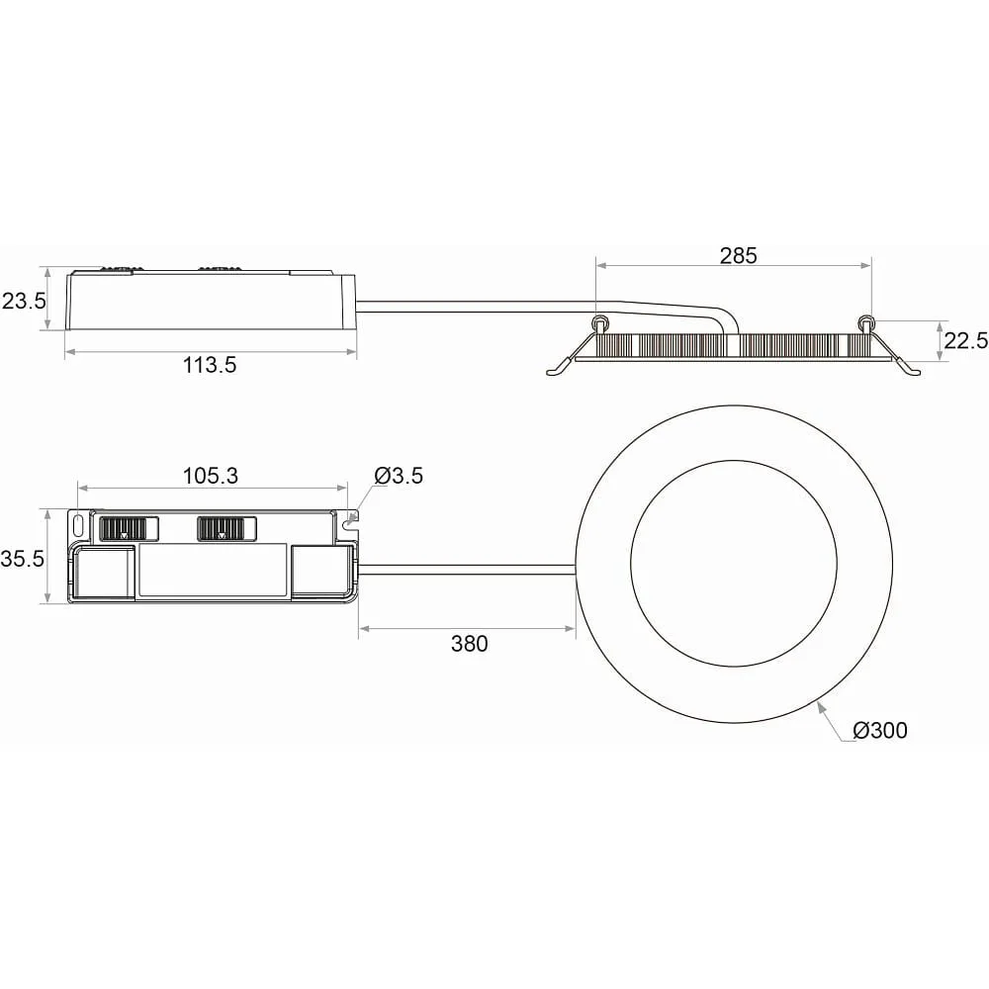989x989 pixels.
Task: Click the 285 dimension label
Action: coord(738,255)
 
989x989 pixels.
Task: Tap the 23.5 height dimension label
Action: coord(24,301)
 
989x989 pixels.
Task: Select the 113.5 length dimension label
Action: coord(210,365)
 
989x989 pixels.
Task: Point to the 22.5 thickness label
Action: coord(965,340)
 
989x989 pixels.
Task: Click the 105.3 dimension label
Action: coord(211,476)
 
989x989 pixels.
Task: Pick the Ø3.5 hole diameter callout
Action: coord(398,476)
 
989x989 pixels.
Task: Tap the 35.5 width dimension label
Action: coord(23,558)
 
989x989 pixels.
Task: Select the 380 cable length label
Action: coord(469,644)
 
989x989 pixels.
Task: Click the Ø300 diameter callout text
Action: coord(880,731)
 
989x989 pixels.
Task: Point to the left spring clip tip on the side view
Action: coord(550,373)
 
